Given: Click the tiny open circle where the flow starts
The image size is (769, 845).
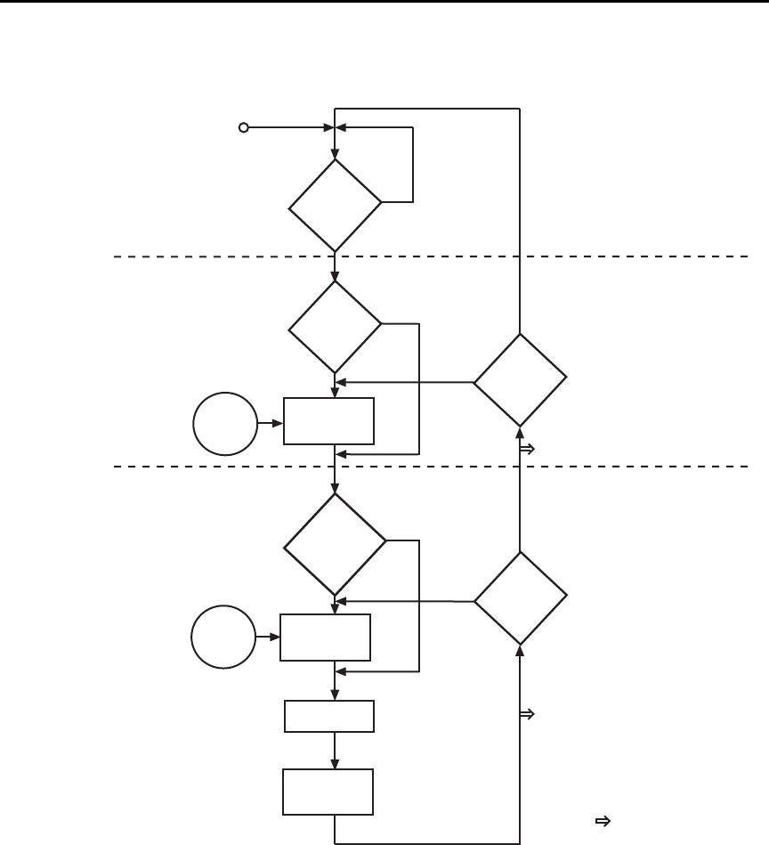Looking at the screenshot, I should pyautogui.click(x=243, y=128).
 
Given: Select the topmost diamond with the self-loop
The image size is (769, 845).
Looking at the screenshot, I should pyautogui.click(x=335, y=205).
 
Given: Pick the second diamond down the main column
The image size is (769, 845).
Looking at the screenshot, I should pyautogui.click(x=335, y=326).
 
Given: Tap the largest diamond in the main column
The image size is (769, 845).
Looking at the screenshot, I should pyautogui.click(x=335, y=543).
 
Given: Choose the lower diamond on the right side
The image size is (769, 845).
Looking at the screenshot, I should pyautogui.click(x=520, y=598).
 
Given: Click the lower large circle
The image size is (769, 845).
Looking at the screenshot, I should pyautogui.click(x=221, y=637).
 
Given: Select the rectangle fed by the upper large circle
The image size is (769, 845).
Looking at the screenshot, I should pyautogui.click(x=328, y=421).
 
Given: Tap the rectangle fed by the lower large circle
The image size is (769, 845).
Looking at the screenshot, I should pyautogui.click(x=326, y=638).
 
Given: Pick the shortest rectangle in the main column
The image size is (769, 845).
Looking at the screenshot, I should pyautogui.click(x=328, y=716).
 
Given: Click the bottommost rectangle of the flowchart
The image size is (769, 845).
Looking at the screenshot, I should pyautogui.click(x=327, y=792).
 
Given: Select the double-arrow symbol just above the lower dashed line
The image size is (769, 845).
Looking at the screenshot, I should pyautogui.click(x=526, y=451).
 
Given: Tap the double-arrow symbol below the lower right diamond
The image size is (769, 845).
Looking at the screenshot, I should pyautogui.click(x=526, y=714).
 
